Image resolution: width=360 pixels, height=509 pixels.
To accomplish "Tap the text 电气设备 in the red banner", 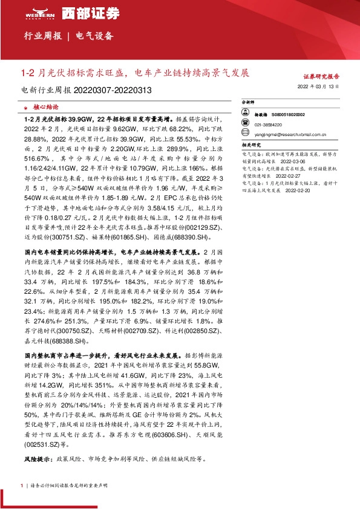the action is pos(94,36).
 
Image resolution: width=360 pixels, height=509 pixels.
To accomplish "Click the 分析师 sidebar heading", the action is pos(249,103).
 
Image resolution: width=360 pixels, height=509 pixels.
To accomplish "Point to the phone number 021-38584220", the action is pos(267,120).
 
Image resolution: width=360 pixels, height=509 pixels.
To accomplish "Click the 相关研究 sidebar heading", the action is pos(251,145).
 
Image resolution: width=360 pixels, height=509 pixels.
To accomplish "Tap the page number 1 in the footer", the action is pos(22,485).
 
